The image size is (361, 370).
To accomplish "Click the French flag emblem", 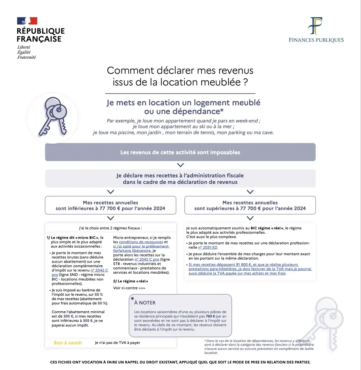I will (x=27, y=21).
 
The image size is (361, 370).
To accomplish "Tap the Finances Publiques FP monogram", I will (x=316, y=26).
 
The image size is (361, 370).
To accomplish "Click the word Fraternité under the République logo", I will (x=26, y=57).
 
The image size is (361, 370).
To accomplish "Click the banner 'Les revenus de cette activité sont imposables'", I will (x=180, y=152).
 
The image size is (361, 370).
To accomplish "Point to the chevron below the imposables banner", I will (x=180, y=165).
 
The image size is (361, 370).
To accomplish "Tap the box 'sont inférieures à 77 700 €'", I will (x=110, y=205).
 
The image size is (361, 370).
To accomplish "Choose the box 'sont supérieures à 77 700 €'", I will (x=250, y=205).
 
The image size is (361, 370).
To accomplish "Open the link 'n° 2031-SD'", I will (x=208, y=247).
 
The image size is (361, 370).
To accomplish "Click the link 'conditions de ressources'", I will (x=141, y=242).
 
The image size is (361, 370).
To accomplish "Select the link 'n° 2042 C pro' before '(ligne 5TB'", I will (x=147, y=260).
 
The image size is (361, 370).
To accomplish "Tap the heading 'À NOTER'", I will (x=145, y=303).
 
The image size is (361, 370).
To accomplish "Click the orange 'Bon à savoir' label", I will (x=68, y=343).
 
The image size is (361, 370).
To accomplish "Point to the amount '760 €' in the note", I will (x=210, y=316).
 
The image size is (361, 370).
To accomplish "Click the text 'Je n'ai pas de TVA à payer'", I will (x=117, y=343).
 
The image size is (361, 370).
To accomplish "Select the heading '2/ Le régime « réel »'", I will (x=131, y=281).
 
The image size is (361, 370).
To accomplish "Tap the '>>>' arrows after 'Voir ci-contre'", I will (x=142, y=288).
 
